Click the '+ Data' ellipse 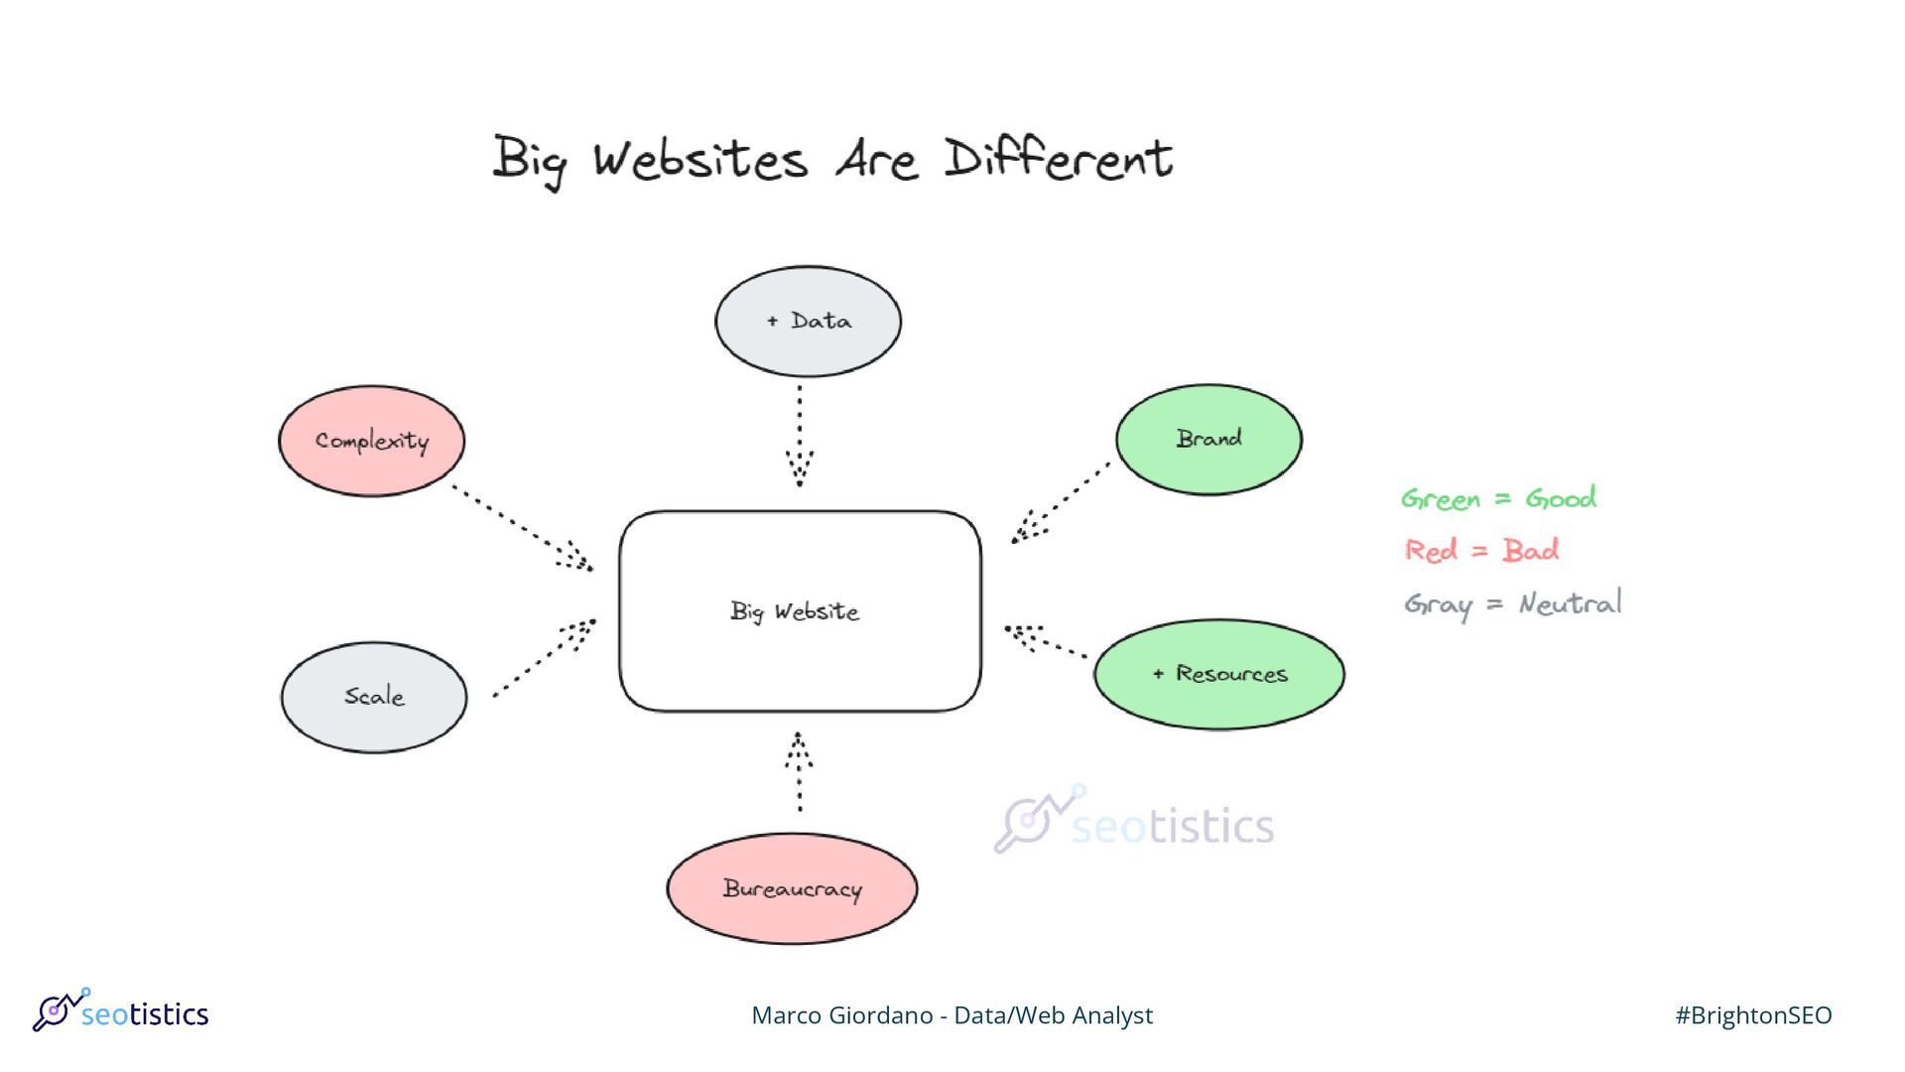tap(808, 321)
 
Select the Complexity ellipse tap(372, 441)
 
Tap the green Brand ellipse tap(1208, 439)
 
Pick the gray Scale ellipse tap(374, 697)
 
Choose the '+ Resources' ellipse tap(1219, 674)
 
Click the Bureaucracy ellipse tap(792, 888)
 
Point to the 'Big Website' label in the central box tap(795, 611)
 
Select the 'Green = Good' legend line tap(1498, 498)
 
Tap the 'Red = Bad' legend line tap(1481, 550)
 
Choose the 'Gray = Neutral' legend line tap(1512, 603)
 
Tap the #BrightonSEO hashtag tap(1753, 1015)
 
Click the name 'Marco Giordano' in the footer tap(841, 1015)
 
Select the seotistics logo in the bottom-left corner tap(121, 1011)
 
